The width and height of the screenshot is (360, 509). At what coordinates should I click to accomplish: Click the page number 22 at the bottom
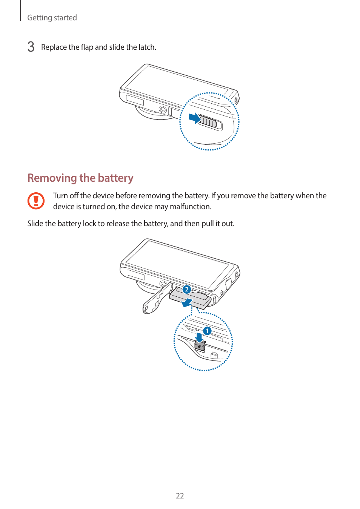180,496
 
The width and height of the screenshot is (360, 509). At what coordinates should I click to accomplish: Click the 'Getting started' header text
52,18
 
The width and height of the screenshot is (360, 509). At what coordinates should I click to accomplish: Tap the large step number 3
31,47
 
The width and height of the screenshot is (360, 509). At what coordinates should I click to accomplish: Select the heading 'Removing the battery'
80,178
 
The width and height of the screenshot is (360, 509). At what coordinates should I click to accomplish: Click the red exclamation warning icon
36,201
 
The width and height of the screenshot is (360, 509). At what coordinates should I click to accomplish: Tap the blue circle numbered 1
207,331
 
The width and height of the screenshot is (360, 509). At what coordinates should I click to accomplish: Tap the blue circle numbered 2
186,289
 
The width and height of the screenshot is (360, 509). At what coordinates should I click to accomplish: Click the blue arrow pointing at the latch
194,118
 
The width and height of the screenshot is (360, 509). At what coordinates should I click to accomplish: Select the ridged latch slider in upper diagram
209,122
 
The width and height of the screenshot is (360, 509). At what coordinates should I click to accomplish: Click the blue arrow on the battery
187,302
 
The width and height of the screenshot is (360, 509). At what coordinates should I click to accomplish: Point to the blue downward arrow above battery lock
199,337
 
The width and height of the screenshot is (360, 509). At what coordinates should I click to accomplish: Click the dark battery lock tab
200,345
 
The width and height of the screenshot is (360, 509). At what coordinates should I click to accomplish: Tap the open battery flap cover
155,302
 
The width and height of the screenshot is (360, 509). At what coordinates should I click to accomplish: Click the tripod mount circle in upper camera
163,110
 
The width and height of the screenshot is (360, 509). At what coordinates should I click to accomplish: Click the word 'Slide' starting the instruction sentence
35,224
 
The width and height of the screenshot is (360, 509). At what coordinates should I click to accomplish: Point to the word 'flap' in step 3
87,47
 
